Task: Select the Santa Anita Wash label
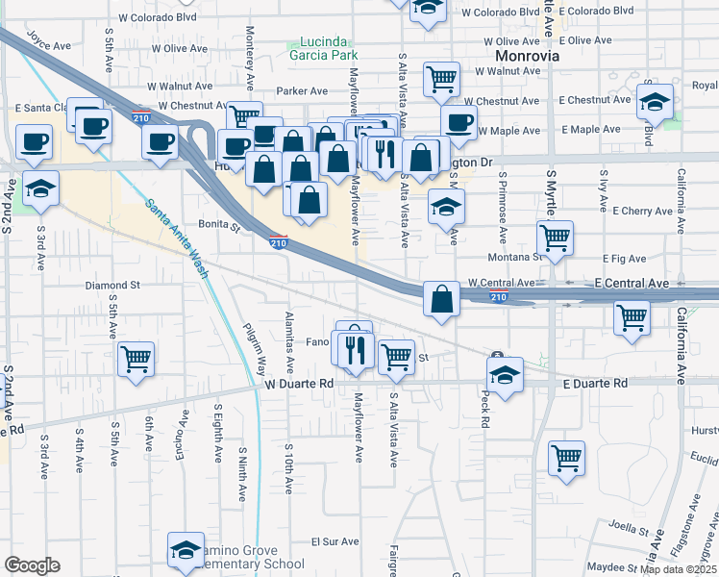pyautogui.click(x=178, y=237)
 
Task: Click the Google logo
pyautogui.click(x=32, y=564)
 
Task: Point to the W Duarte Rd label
pyautogui.click(x=299, y=383)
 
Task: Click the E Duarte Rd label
pyautogui.click(x=594, y=383)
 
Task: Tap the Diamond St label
pyautogui.click(x=112, y=286)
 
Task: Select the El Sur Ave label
pyautogui.click(x=335, y=541)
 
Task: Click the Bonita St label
pyautogui.click(x=220, y=227)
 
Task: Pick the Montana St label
pyautogui.click(x=517, y=257)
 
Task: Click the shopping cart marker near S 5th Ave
pyautogui.click(x=136, y=359)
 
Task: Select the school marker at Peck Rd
pyautogui.click(x=505, y=375)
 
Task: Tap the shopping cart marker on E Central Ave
pyautogui.click(x=632, y=316)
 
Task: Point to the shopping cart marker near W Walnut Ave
pyautogui.click(x=441, y=79)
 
